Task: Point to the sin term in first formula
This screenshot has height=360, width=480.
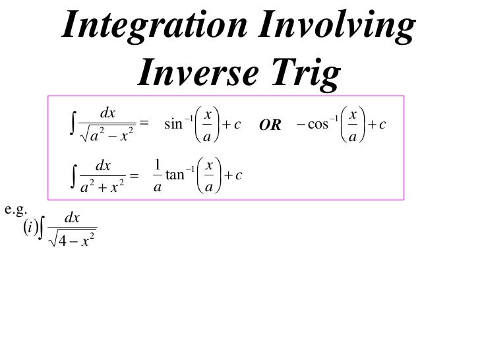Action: click(x=173, y=123)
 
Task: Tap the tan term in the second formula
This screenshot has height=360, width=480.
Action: click(x=175, y=174)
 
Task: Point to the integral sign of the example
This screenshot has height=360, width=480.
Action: click(x=44, y=231)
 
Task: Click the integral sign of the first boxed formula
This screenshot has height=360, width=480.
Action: click(x=71, y=123)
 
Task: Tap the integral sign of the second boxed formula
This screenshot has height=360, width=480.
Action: click(x=71, y=175)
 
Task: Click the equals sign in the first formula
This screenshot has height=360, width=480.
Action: click(x=145, y=123)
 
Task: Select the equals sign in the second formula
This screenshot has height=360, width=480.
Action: click(x=134, y=175)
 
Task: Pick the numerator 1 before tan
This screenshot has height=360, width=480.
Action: click(x=156, y=164)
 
